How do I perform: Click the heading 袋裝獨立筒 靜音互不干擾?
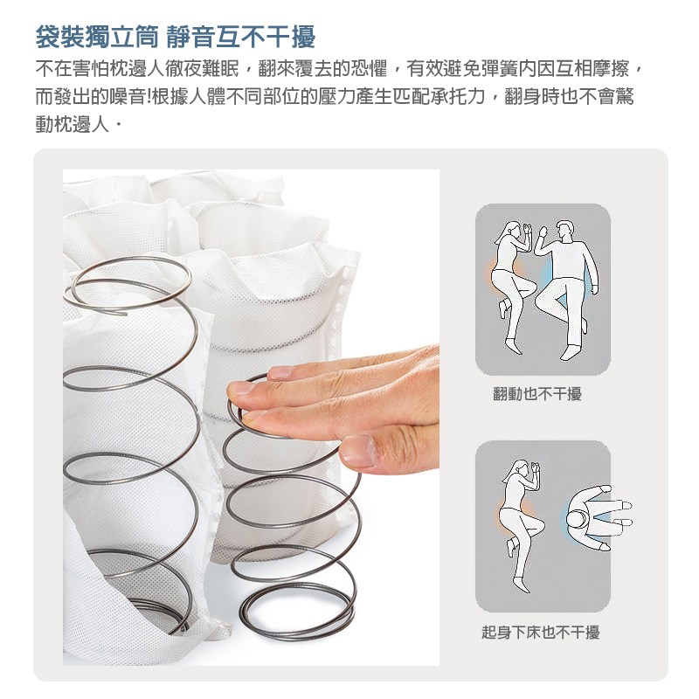pyautogui.click(x=176, y=37)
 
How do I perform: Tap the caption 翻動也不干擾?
pyautogui.click(x=537, y=394)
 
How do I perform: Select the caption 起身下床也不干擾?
pyautogui.click(x=540, y=632)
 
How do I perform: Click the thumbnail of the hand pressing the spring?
pyautogui.click(x=251, y=418)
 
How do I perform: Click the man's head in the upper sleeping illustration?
pyautogui.click(x=564, y=230)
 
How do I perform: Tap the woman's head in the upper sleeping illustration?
pyautogui.click(x=512, y=232)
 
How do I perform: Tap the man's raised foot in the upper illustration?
pyautogui.click(x=585, y=324)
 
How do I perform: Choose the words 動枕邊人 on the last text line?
pyautogui.click(x=73, y=124)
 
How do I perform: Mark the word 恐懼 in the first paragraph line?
pyautogui.click(x=369, y=69)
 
